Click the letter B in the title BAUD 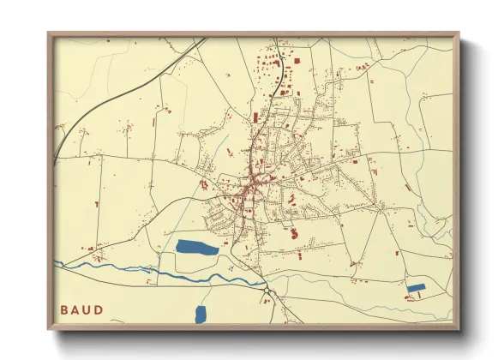[64, 309]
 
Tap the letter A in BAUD [77, 309]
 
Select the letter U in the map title [89, 309]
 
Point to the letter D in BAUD [101, 309]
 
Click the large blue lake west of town [197, 248]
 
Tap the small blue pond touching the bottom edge [201, 315]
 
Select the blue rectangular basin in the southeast [416, 288]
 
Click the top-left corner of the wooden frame [48, 33]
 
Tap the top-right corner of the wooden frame [459, 33]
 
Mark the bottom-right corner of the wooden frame [459, 330]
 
